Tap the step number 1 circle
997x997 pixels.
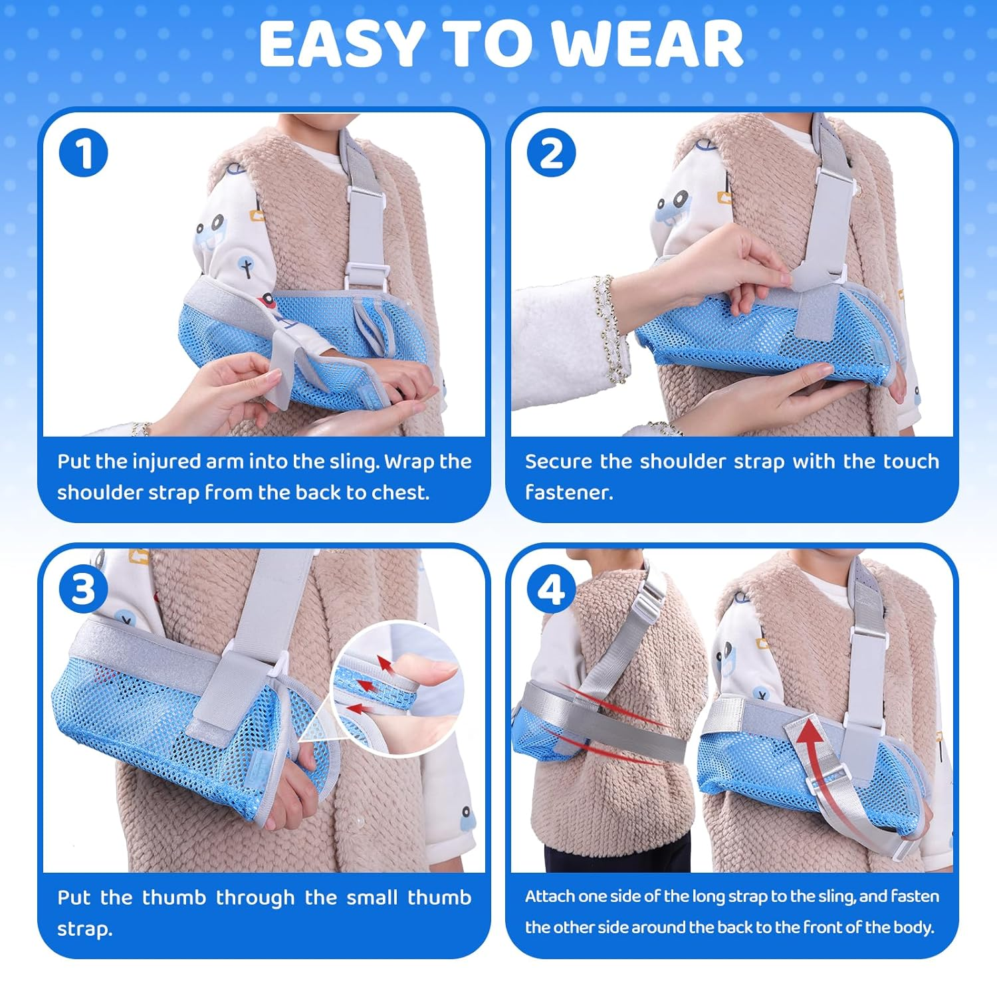click(83, 153)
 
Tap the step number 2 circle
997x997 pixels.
click(551, 153)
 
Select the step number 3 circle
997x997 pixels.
click(83, 589)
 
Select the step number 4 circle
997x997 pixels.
click(551, 589)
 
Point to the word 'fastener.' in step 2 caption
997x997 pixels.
click(569, 493)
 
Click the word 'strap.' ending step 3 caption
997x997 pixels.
click(84, 929)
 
